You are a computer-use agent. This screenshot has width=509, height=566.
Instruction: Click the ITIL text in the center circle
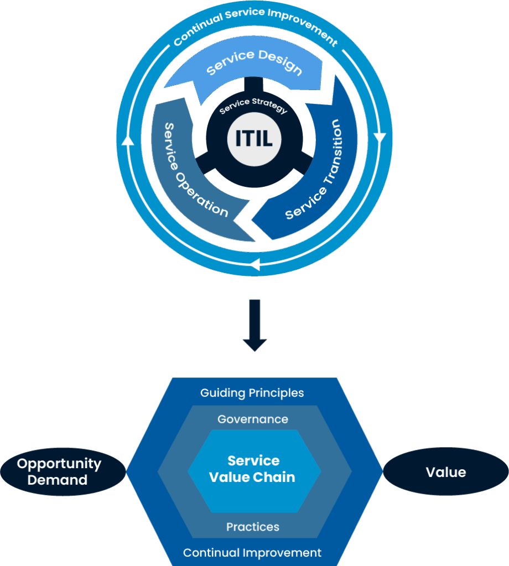pos(254,138)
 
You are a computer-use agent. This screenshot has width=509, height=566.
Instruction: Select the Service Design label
pos(254,63)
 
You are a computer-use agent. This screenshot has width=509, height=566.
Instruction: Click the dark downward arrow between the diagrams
pos(254,326)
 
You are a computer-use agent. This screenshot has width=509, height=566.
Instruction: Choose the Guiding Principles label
pos(252,393)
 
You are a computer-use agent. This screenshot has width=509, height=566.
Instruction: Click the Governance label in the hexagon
pos(253,419)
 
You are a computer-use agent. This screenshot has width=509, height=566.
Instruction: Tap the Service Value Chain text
pos(253,469)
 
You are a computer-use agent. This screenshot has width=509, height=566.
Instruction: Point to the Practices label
pos(253,527)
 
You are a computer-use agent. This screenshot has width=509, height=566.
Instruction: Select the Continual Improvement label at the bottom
pos(252,552)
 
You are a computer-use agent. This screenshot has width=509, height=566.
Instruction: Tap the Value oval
pos(446,472)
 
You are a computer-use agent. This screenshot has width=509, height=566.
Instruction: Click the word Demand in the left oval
pos(58,480)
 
